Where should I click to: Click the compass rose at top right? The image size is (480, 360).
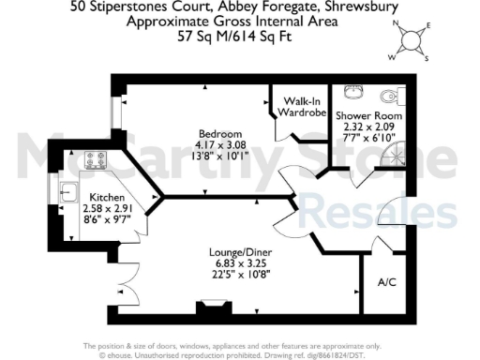412,40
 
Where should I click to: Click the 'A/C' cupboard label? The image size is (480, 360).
385,282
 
